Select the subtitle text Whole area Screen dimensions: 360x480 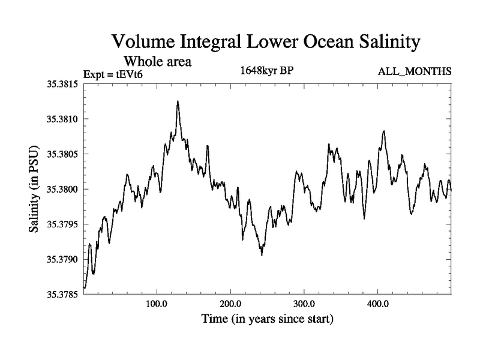[x=158, y=61]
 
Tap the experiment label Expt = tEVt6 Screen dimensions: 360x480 [x=113, y=74]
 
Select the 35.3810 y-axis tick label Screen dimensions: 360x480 [x=64, y=119]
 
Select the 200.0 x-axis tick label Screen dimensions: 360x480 [x=230, y=304]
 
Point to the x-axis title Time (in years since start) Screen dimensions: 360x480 [x=267, y=319]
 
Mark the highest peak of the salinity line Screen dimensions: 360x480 [x=178, y=101]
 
